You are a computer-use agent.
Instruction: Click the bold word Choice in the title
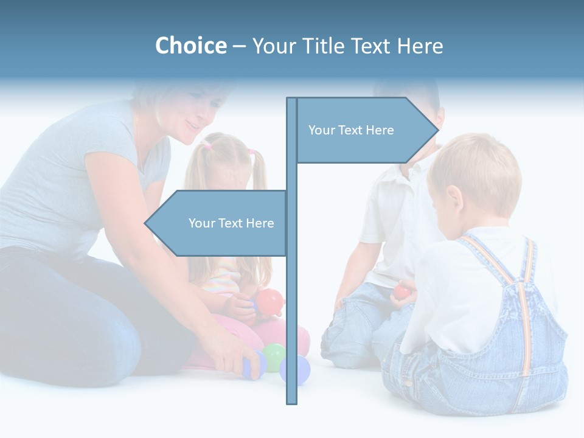tap(190, 46)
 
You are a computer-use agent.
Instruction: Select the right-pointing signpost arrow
tap(365, 130)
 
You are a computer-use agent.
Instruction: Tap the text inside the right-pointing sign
tap(351, 130)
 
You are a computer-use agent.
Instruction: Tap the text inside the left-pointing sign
tap(231, 223)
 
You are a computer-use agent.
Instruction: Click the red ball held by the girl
tap(270, 301)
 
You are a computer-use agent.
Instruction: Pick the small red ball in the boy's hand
tap(401, 292)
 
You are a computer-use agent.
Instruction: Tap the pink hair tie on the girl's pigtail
tap(207, 147)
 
